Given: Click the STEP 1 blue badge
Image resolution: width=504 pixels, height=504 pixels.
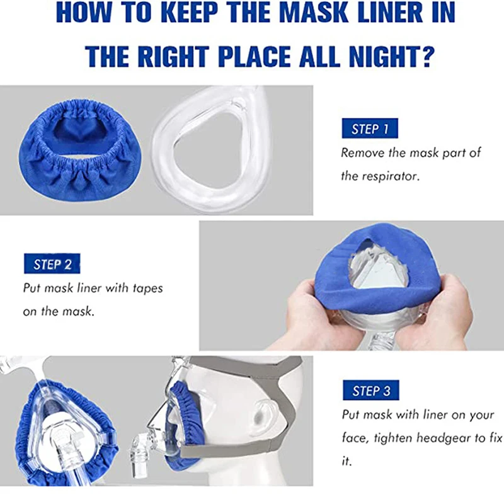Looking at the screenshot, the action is pyautogui.click(x=370, y=129).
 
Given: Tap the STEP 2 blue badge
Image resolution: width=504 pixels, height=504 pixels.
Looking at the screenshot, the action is pyautogui.click(x=52, y=263).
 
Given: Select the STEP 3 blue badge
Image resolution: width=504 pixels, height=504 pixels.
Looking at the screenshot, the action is pyautogui.click(x=371, y=390).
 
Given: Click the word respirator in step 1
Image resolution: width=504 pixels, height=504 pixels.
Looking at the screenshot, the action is pyautogui.click(x=390, y=176).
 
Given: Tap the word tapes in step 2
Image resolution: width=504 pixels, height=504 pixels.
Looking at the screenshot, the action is pyautogui.click(x=148, y=289).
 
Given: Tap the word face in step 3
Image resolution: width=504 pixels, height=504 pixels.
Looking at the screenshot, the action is pyautogui.click(x=355, y=438).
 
